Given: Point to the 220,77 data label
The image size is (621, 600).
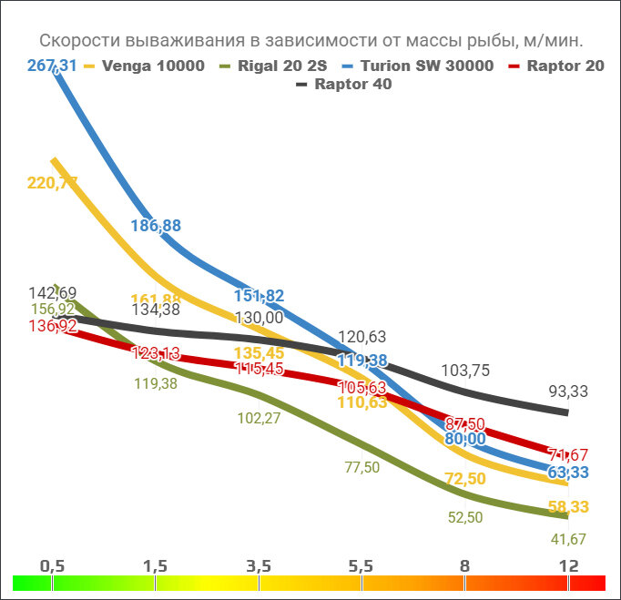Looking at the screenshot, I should point(52,183).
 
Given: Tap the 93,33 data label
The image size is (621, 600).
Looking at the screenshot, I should point(569,391).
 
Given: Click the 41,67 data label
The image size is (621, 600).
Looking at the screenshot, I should point(569,539).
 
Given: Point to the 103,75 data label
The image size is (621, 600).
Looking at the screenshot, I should point(466,371).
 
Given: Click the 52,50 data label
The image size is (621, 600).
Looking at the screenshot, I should point(466,517).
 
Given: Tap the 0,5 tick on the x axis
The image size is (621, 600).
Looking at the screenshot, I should point(52,566).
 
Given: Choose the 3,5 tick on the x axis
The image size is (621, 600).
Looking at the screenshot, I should point(259,566).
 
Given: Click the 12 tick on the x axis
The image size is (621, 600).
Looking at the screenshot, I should point(569,566).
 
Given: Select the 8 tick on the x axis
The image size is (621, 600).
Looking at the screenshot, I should point(465,566).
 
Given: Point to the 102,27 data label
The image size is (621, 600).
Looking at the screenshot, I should point(259,419).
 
